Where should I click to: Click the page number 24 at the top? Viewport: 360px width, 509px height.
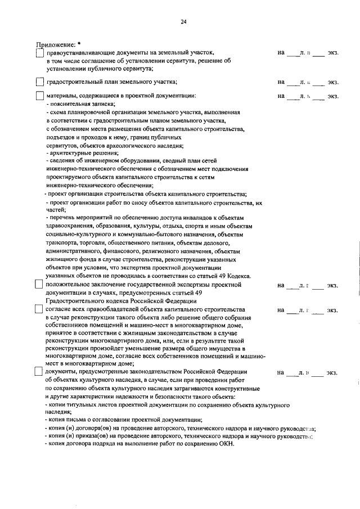(x=183, y=22)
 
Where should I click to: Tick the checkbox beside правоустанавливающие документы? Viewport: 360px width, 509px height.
(x=39, y=53)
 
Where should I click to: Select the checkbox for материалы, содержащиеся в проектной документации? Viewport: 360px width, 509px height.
(x=39, y=96)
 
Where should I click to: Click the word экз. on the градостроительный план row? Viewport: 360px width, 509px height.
(x=333, y=82)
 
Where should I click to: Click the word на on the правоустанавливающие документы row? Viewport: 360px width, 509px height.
(x=281, y=53)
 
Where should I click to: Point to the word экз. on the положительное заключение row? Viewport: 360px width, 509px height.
(x=333, y=286)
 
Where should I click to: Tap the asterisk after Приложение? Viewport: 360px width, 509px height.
(x=79, y=43)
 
